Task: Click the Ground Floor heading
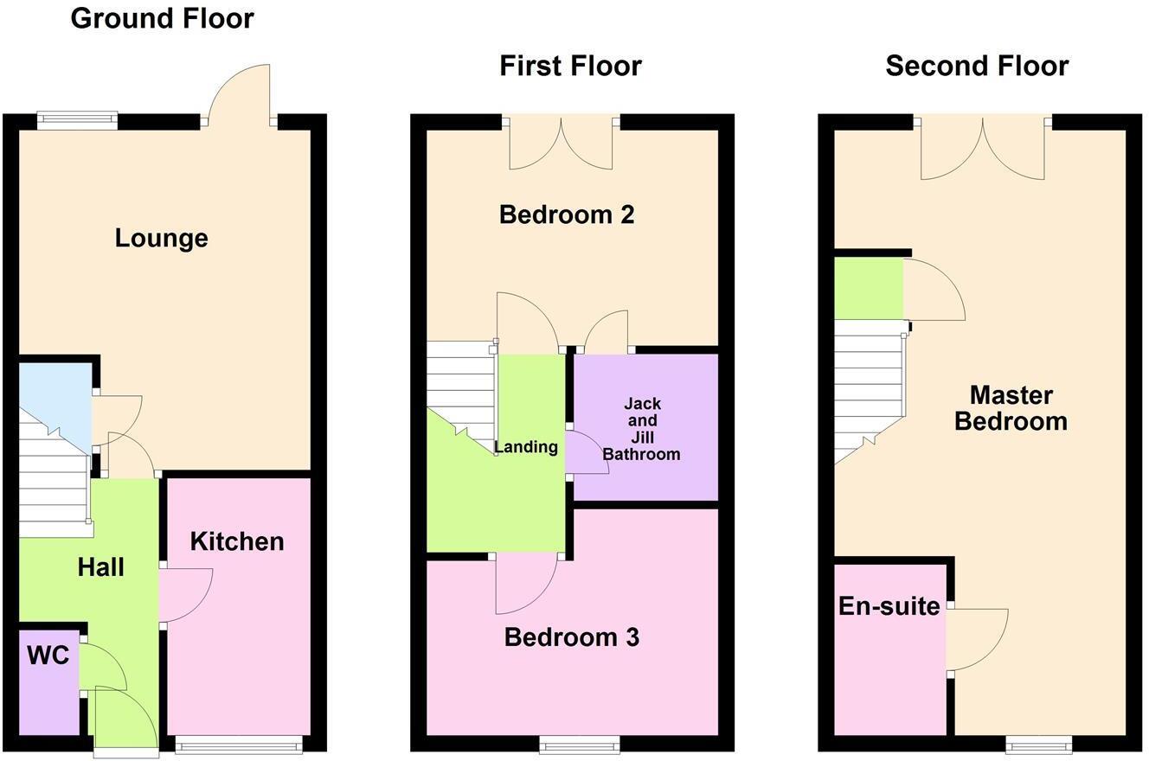[162, 18]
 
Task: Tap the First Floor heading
[570, 66]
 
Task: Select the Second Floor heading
[977, 66]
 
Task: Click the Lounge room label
[161, 238]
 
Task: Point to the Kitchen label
[237, 541]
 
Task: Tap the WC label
[48, 655]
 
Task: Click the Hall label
[101, 567]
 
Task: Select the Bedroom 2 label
[567, 214]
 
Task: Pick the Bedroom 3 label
[571, 637]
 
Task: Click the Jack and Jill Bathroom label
[641, 428]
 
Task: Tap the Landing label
[526, 447]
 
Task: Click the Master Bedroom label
[1011, 408]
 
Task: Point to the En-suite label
[889, 606]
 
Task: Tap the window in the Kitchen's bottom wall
[239, 744]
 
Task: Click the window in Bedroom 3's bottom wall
[580, 744]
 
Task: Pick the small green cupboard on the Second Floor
[868, 289]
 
